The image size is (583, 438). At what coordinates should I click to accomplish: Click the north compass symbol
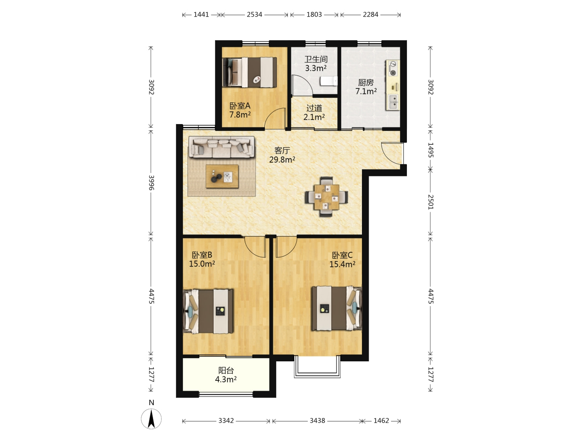pos(151,419)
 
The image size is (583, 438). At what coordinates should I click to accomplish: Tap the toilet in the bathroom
pos(329,81)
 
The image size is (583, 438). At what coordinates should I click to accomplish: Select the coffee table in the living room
pos(222,176)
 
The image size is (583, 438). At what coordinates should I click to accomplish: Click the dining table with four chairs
pos(326,197)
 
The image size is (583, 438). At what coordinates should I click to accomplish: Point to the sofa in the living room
pos(221,147)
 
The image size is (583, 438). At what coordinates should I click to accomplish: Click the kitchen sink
pos(393,102)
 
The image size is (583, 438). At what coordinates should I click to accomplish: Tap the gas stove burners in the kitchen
pos(393,68)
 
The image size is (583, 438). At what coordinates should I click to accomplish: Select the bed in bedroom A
pos(250,72)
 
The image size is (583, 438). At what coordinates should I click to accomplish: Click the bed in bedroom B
pos(209,311)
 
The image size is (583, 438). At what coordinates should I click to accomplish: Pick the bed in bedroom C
pos(337,309)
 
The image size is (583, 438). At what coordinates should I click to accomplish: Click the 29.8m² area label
pos(282,159)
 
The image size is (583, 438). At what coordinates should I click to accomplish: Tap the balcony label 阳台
pos(226,370)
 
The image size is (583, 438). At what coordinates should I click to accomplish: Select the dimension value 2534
pos(254,14)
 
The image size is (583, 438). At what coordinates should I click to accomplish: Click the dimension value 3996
pos(151,182)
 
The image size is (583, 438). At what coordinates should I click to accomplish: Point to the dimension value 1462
pos(381,421)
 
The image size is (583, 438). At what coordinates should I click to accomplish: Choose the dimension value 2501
pos(430,202)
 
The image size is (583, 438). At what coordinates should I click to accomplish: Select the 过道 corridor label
pos(314,108)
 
